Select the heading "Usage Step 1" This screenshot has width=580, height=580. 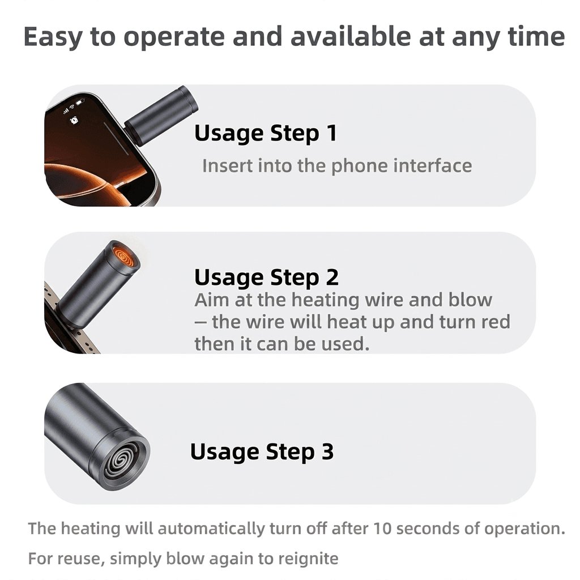click(x=266, y=133)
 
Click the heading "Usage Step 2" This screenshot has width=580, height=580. click(x=266, y=278)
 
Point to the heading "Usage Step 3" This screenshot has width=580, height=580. click(x=262, y=451)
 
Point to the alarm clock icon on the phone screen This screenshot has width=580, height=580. click(x=74, y=120)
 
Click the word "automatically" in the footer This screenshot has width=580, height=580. click(x=211, y=528)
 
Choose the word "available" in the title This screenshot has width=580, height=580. click(x=350, y=37)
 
